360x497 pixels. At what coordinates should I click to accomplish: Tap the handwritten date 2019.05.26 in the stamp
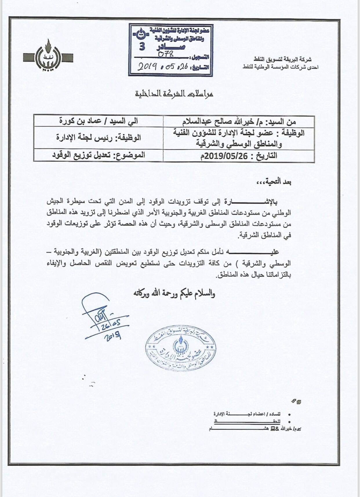(x=162, y=67)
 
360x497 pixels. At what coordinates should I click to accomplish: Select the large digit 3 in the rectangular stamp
(x=142, y=46)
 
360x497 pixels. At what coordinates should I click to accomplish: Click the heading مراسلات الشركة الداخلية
(x=175, y=94)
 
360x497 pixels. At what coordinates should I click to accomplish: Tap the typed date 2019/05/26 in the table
(x=227, y=156)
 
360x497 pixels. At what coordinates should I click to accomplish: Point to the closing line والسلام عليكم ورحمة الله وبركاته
(x=174, y=293)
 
